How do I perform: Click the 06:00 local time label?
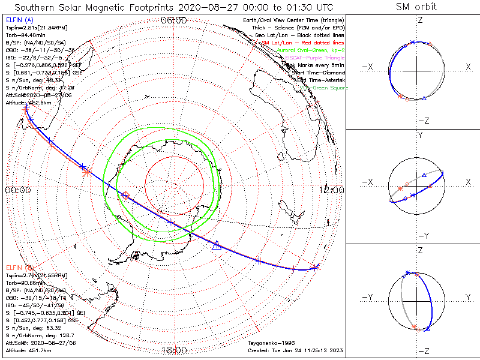[x=174, y=20]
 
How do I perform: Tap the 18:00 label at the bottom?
[x=174, y=350]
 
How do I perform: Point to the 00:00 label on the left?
[x=17, y=190]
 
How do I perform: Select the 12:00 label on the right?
[x=332, y=190]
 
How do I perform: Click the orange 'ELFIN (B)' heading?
[x=19, y=267]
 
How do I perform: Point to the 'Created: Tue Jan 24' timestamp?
[x=295, y=350]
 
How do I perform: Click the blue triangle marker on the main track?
[x=217, y=244]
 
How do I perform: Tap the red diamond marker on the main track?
[x=125, y=195]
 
